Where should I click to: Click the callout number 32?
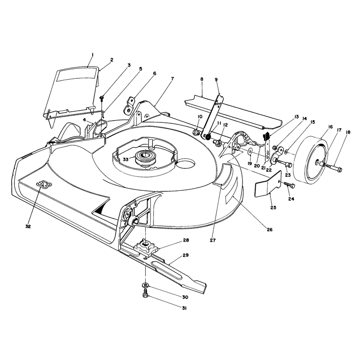[x=28, y=226]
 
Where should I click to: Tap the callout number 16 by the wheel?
[x=330, y=127]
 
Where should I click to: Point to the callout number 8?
[x=202, y=79]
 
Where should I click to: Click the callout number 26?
[x=270, y=229]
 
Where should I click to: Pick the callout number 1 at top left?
[x=92, y=54]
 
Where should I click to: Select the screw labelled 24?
[x=289, y=185]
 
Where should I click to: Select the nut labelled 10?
[x=196, y=132]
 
